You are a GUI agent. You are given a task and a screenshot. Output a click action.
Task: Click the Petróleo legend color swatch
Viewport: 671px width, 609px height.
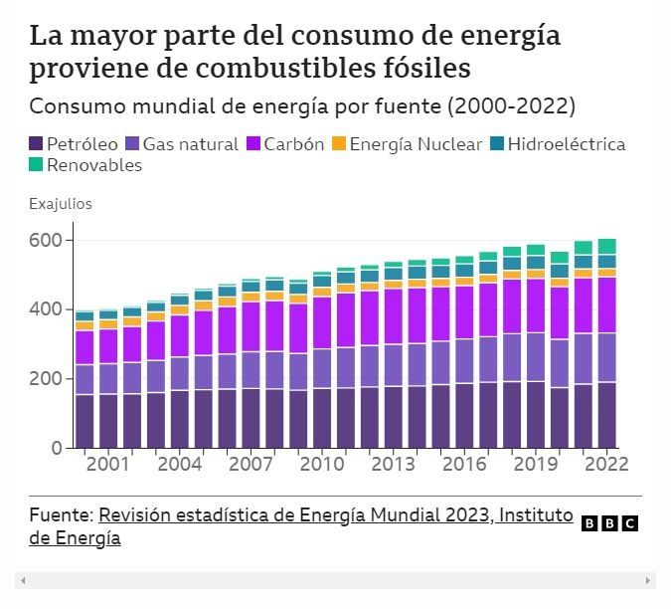click(x=36, y=144)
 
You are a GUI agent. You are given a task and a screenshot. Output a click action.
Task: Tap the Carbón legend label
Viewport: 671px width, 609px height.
click(x=293, y=144)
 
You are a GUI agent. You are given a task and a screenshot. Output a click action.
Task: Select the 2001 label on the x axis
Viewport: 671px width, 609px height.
click(x=107, y=464)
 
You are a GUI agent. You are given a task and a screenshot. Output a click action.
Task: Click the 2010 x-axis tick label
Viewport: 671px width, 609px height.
click(x=322, y=464)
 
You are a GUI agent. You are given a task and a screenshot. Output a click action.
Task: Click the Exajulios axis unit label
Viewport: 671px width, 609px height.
click(x=60, y=204)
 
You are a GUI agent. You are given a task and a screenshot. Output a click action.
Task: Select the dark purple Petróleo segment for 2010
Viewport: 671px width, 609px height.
click(x=322, y=418)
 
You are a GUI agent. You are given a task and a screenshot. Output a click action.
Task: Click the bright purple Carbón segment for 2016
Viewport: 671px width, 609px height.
click(x=465, y=312)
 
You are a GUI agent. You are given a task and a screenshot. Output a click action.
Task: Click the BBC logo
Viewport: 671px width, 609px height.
click(x=608, y=523)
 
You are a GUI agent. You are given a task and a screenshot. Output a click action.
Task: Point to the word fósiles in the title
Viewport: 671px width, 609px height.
click(x=417, y=70)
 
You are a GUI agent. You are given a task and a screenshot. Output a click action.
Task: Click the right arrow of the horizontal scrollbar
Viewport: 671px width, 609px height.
click(x=649, y=580)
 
